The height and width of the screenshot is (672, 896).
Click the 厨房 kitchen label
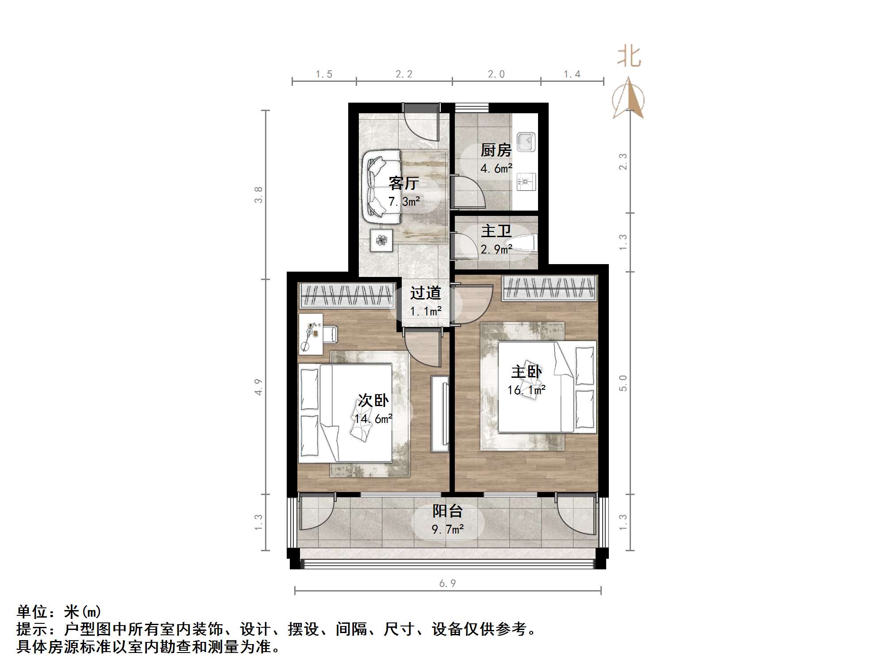click(x=496, y=151)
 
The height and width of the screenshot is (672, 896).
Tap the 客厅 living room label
click(x=404, y=183)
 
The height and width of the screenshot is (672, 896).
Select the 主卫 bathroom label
click(x=496, y=231)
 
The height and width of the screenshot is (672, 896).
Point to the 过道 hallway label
click(x=425, y=293)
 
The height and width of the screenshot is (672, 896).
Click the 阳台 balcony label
click(x=447, y=511)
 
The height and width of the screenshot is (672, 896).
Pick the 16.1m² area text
click(x=526, y=390)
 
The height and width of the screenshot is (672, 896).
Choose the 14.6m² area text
click(x=373, y=419)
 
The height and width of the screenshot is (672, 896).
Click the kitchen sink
click(x=527, y=142)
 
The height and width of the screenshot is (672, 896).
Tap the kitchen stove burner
click(x=526, y=182)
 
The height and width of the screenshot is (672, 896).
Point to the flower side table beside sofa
click(x=381, y=240)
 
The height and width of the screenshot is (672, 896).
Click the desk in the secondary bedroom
click(x=311, y=334)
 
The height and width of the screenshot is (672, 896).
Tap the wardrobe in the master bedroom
click(x=549, y=288)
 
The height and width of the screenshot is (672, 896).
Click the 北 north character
click(x=629, y=57)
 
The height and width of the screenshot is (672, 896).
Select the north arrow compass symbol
click(x=628, y=99)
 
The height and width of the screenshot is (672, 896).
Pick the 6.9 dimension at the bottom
click(x=447, y=584)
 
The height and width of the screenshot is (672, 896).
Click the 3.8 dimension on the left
click(x=258, y=195)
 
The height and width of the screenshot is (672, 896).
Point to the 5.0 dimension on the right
click(x=623, y=383)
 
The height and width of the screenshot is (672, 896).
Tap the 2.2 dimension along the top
click(x=404, y=74)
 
